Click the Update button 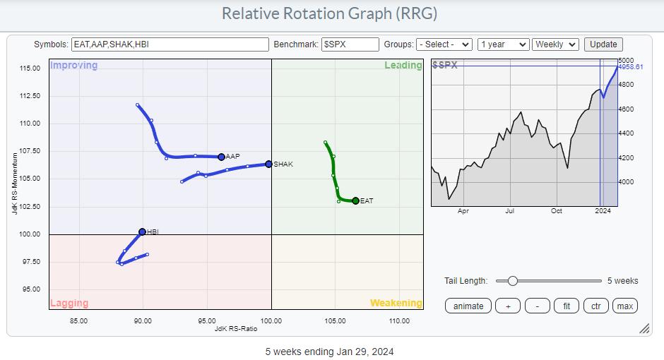coord(603,44)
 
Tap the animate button coord(468,306)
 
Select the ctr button coord(596,306)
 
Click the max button coord(624,306)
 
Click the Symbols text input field coord(170,44)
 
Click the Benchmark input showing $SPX coord(350,44)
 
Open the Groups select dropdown coord(444,44)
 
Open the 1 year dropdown coord(503,44)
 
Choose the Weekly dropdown coord(555,44)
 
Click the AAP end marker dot coord(221,157)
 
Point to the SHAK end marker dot coord(268,164)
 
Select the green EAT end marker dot coord(355,201)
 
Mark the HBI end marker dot coord(142,232)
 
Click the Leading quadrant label coord(403,66)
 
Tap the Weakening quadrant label coord(396,303)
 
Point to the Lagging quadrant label coord(69,304)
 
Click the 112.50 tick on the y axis coord(29,96)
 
